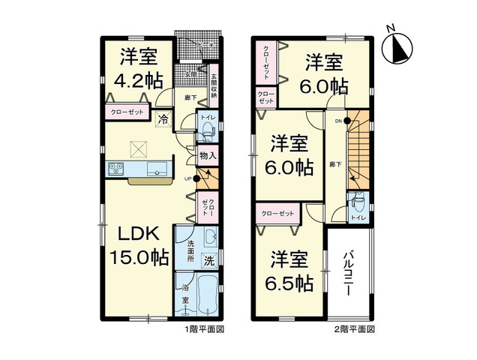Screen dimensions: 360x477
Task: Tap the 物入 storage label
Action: tap(208, 156)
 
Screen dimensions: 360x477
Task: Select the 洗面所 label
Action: tap(191, 254)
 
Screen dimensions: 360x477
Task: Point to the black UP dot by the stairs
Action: tap(196, 178)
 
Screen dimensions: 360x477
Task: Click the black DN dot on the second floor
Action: tap(347, 121)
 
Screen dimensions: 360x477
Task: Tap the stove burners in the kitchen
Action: tap(116, 169)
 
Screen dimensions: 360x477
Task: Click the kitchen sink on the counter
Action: tap(158, 169)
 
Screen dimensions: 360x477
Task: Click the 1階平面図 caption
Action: tap(205, 329)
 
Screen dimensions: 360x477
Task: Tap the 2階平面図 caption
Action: tap(354, 329)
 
